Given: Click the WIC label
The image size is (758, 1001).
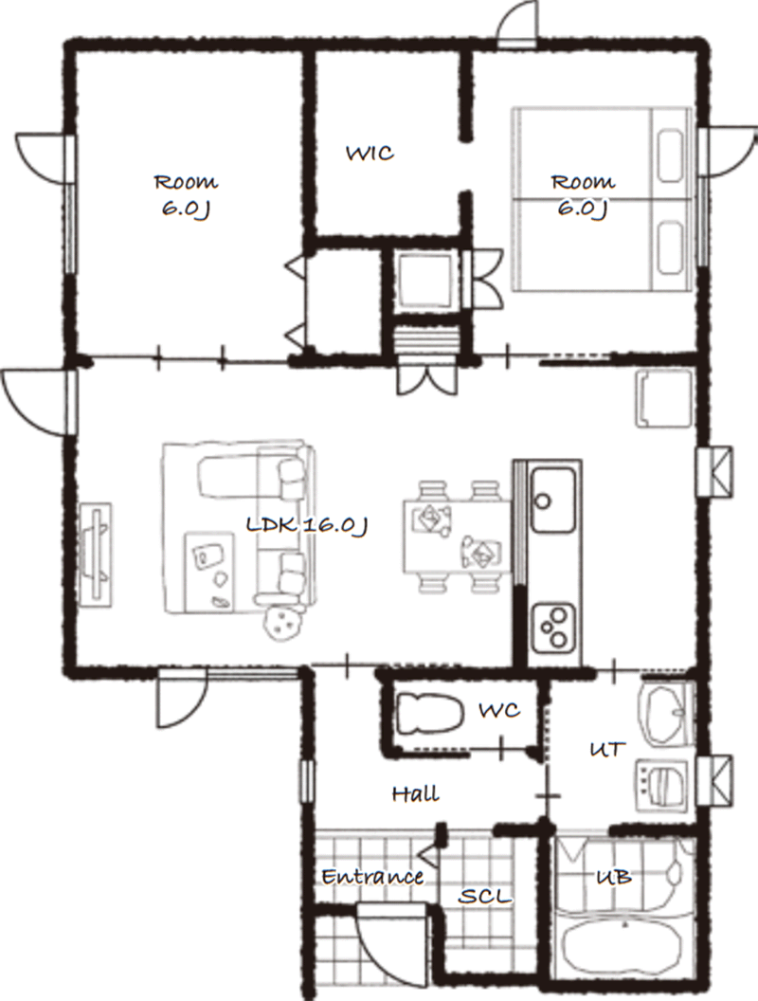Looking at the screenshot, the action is click(370, 154).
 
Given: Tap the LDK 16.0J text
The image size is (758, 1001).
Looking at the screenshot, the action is click(307, 525).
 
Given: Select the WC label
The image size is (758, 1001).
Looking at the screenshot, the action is click(499, 710).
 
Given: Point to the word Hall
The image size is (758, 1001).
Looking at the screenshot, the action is click(415, 793).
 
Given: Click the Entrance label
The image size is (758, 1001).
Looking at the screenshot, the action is click(372, 877).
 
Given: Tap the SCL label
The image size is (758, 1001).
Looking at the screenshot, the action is click(485, 897).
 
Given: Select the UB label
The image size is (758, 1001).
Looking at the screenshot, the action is click(614, 877).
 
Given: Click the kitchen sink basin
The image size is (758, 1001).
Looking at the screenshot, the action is click(553, 500).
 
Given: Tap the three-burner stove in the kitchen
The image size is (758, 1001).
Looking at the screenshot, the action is click(553, 627).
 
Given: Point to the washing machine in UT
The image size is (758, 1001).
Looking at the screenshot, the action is click(662, 786).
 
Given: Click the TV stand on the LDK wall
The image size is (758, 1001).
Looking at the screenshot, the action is click(97, 555).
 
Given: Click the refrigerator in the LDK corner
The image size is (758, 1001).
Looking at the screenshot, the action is click(664, 398).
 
